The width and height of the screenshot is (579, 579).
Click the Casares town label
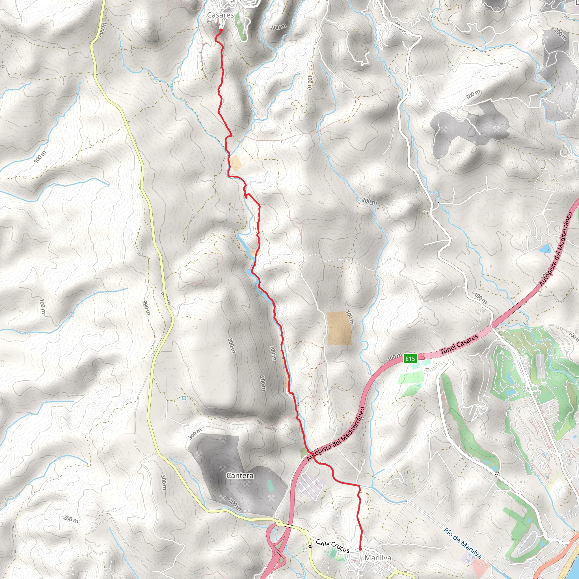tap(220, 15)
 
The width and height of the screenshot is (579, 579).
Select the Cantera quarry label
tap(240, 476)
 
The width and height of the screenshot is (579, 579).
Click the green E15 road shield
tap(410, 358)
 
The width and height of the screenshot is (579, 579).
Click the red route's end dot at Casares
tap(221, 30)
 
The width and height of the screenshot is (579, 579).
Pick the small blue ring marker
tap(184, 398)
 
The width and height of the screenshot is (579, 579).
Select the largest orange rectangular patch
tap(339, 328)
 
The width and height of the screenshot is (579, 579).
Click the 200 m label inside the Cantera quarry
tap(234, 505)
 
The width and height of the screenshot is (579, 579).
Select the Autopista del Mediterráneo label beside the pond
tap(556, 249)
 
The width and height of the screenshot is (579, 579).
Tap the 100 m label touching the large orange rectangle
tap(349, 318)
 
